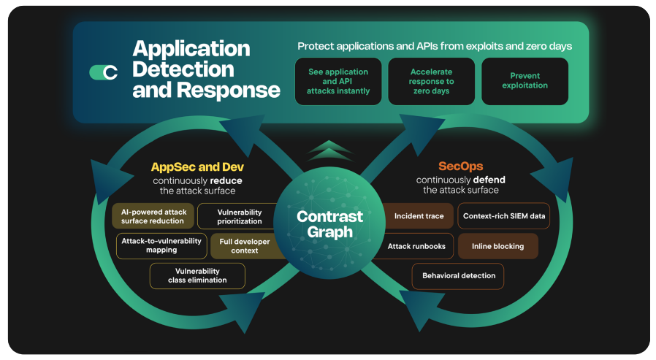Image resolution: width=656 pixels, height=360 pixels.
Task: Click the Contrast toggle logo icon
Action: click(104, 72)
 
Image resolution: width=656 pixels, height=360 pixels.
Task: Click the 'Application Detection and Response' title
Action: click(206, 69)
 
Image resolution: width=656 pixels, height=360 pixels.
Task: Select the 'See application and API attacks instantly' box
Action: click(338, 82)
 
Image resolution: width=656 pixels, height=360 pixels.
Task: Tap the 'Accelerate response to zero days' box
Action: click(431, 82)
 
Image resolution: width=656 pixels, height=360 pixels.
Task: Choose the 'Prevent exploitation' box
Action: click(525, 81)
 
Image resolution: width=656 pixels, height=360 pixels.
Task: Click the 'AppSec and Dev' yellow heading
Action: click(197, 167)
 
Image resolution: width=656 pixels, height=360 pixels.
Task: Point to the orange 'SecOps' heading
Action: click(460, 166)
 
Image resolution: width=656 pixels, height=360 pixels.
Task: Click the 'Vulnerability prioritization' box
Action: click(239, 216)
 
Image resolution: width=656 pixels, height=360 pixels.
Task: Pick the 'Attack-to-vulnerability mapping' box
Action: click(161, 245)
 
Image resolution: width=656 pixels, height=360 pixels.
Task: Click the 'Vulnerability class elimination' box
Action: click(197, 275)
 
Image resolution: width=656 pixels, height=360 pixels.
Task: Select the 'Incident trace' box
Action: click(419, 216)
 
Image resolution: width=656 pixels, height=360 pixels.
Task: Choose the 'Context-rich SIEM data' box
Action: click(504, 216)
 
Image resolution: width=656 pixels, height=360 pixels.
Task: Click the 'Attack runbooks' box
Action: click(416, 246)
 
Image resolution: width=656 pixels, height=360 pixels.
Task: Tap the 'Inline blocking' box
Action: click(497, 246)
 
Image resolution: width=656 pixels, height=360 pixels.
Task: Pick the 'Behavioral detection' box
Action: click(458, 275)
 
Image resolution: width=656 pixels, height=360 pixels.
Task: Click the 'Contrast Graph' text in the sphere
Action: click(329, 224)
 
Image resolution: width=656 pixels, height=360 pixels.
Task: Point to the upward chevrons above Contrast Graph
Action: click(329, 151)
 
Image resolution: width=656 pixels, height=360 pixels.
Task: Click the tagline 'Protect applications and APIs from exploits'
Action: click(434, 46)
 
